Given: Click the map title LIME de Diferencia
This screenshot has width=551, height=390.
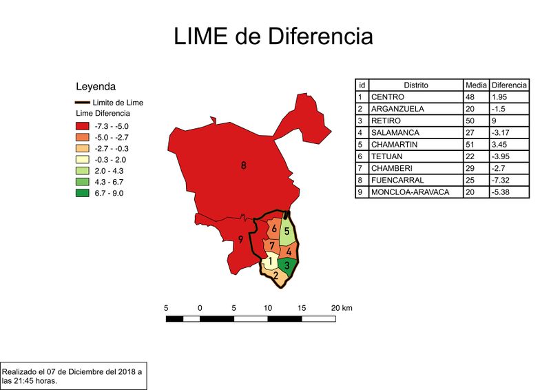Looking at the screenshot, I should coord(273,37).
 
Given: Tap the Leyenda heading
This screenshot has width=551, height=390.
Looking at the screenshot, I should coord(95,87).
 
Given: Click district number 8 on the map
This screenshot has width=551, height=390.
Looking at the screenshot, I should coord(243,165).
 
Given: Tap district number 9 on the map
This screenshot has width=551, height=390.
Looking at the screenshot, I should coord(240,240).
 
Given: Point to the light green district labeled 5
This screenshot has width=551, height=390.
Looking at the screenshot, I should coord(287,232).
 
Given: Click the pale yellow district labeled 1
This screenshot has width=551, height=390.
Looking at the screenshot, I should coord(271,262).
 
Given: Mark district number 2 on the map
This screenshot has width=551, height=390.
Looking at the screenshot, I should coord(275,276).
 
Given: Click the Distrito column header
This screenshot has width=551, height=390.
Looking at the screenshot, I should coord(416,85).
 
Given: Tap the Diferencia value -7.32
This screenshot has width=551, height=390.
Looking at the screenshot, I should coord(509,180).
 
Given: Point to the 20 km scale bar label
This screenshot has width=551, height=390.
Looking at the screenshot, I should coord(342,307).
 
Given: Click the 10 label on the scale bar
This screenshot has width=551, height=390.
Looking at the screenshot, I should coord(267,307).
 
